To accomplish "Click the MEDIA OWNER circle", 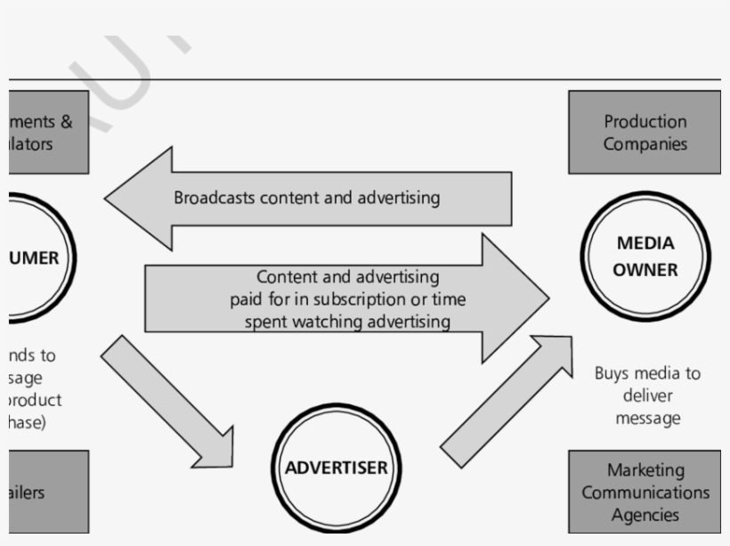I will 645,257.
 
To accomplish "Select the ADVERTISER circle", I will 336,468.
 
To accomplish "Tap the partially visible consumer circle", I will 40,258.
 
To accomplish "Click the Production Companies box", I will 645,132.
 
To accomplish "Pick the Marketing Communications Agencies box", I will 645,492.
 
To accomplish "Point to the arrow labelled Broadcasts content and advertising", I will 307,198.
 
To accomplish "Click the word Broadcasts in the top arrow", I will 215,198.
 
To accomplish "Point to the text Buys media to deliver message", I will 647,395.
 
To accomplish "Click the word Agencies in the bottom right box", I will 645,515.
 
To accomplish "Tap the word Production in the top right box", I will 645,121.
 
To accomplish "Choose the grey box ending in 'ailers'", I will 49,492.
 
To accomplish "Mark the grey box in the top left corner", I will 49,132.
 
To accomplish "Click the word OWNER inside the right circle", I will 645,270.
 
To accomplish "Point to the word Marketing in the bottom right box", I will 645,469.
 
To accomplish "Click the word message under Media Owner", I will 647,418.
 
